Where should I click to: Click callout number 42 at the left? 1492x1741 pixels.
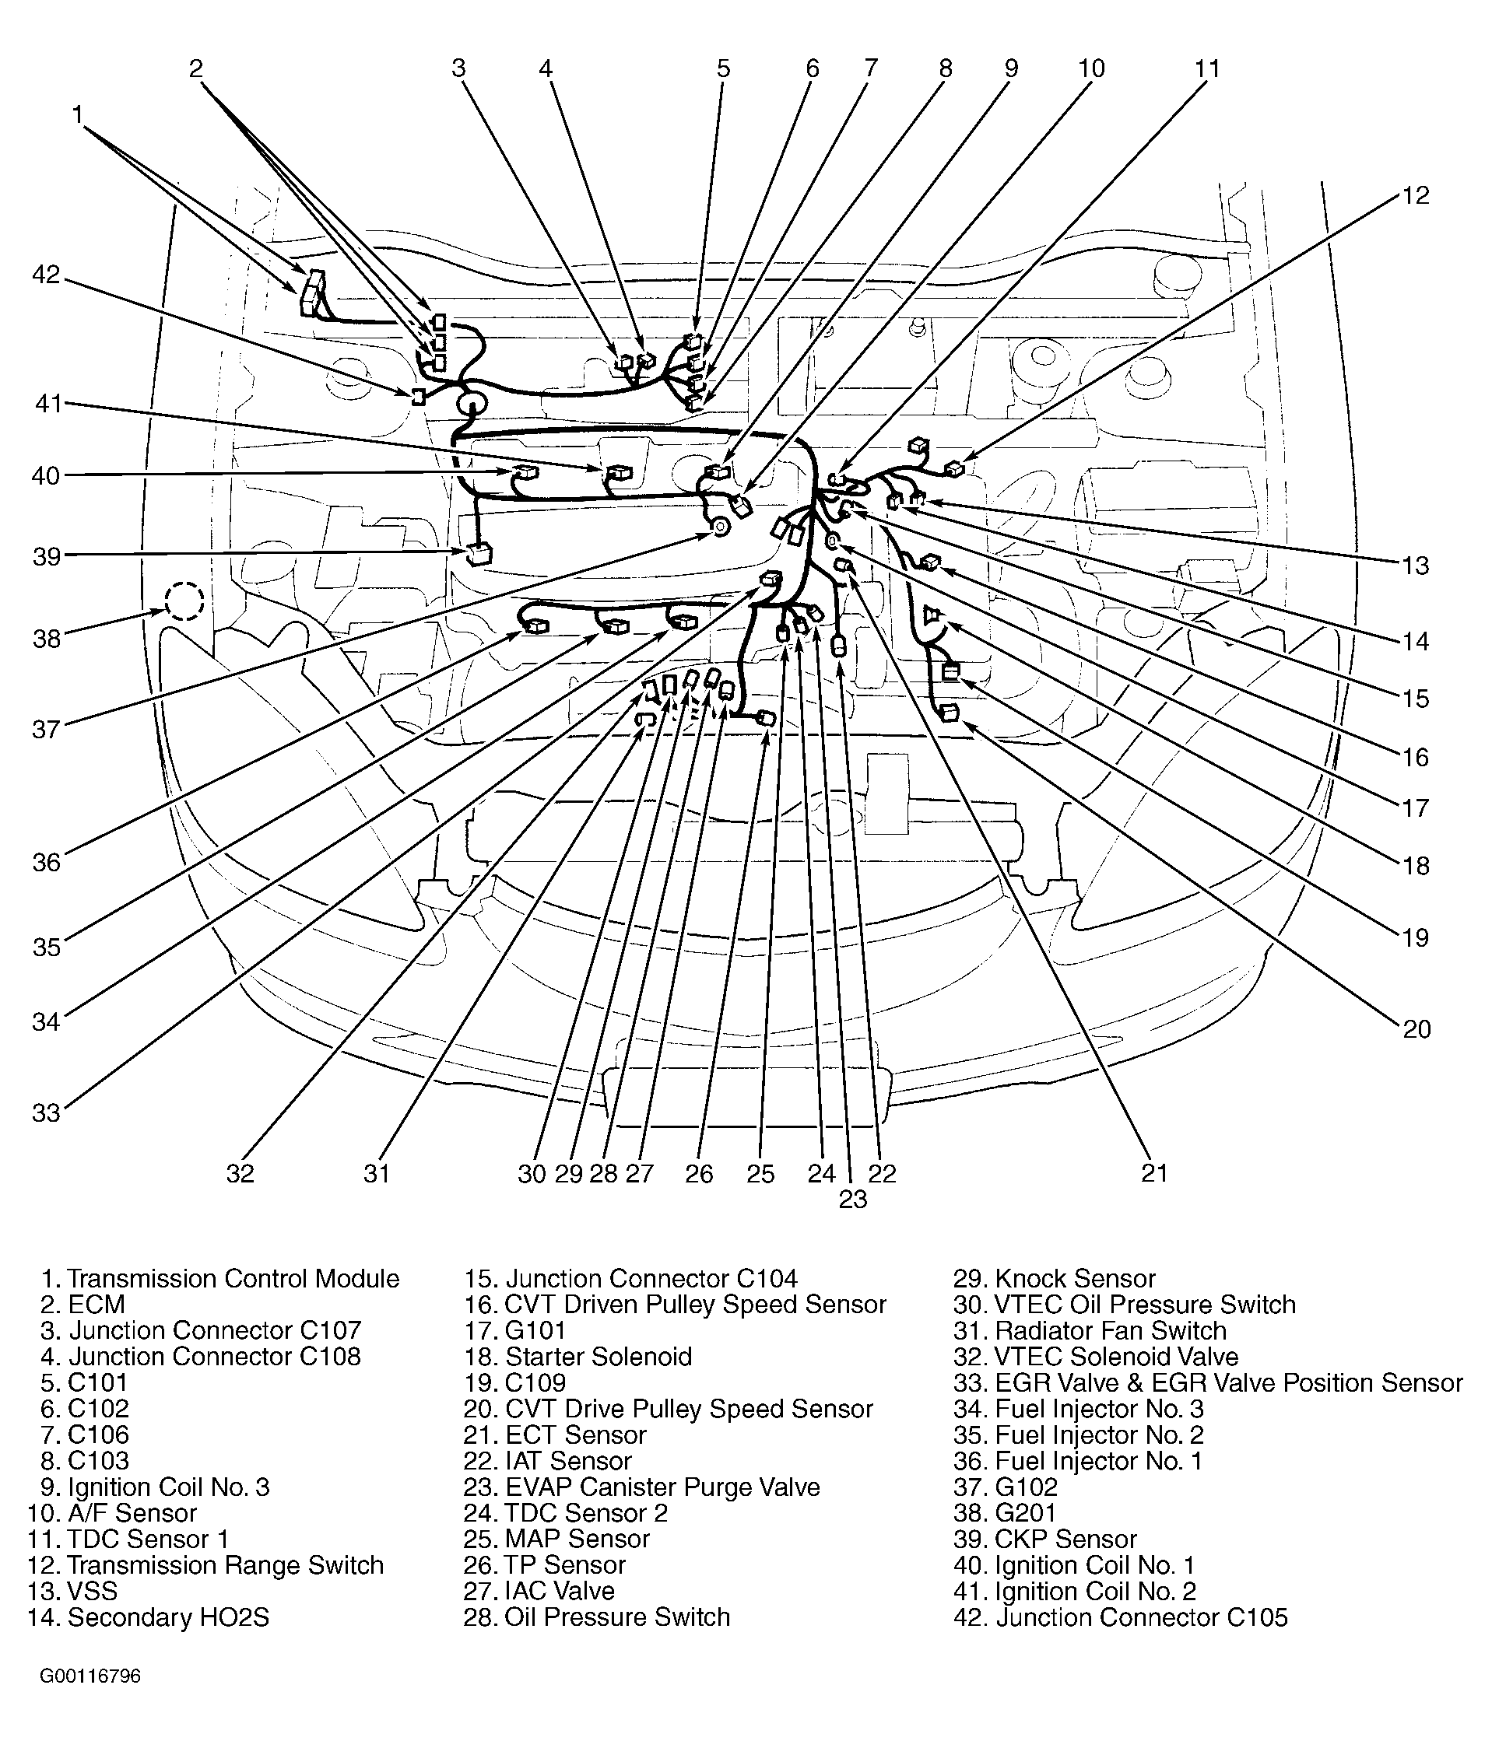pyautogui.click(x=46, y=275)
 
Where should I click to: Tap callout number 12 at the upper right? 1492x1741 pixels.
pyautogui.click(x=1416, y=195)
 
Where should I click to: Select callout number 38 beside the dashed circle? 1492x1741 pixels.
pyautogui.click(x=46, y=639)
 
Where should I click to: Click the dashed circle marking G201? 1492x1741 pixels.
pyautogui.click(x=184, y=601)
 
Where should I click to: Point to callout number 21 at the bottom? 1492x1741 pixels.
pyautogui.click(x=1154, y=1173)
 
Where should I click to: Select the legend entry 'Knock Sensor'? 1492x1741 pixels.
pyautogui.click(x=1075, y=1279)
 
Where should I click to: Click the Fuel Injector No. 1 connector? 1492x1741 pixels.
pyautogui.click(x=535, y=626)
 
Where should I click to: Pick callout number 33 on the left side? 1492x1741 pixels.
pyautogui.click(x=46, y=1112)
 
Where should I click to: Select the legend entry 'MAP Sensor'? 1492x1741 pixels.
pyautogui.click(x=577, y=1540)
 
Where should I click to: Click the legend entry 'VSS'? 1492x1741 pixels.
pyautogui.click(x=93, y=1592)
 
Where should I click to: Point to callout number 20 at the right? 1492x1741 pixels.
pyautogui.click(x=1417, y=1028)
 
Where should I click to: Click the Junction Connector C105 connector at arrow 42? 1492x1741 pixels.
pyautogui.click(x=418, y=397)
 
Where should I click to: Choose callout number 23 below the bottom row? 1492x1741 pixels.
pyautogui.click(x=852, y=1200)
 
